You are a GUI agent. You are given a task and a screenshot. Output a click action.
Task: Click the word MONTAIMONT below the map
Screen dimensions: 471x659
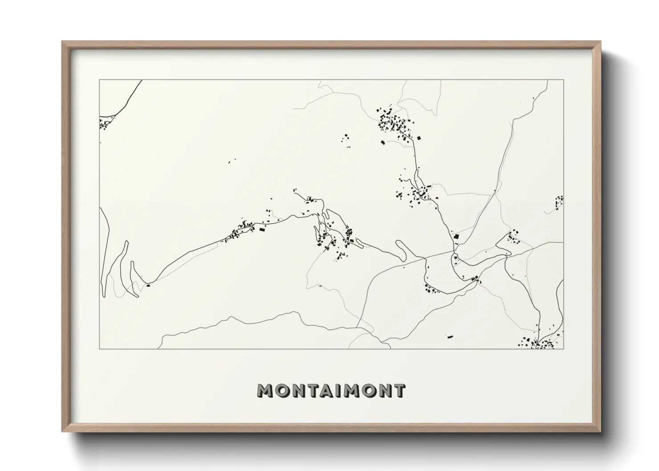[x=331, y=390]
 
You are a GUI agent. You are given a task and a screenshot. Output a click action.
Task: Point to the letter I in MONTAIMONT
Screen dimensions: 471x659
[x=339, y=390]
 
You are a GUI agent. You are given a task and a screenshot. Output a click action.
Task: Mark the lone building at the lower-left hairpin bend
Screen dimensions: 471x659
[x=148, y=285]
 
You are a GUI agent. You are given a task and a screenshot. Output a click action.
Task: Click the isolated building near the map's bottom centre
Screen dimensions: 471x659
[x=450, y=337]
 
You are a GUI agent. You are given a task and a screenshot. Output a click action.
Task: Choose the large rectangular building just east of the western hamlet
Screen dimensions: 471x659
[x=261, y=229]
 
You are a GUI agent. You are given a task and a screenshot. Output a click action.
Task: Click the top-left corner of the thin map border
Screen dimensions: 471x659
[x=99, y=80]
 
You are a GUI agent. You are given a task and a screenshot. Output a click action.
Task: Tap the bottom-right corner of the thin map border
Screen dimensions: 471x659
[x=564, y=349]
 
